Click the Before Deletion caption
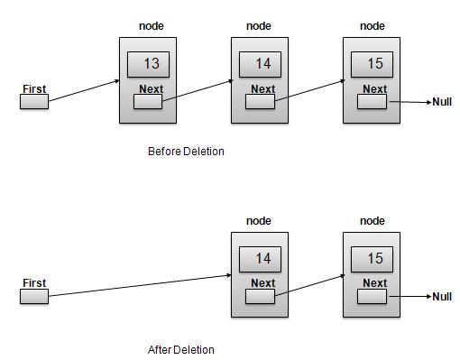click(186, 152)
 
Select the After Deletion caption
click(181, 349)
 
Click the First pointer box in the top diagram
click(33, 102)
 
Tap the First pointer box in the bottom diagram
click(33, 296)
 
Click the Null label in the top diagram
click(442, 102)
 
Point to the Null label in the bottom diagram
click(442, 296)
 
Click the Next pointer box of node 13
click(148, 101)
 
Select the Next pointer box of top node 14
click(260, 101)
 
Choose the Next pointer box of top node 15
click(372, 101)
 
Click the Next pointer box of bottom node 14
click(260, 296)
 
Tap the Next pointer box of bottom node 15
click(372, 296)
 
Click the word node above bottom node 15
click(373, 221)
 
